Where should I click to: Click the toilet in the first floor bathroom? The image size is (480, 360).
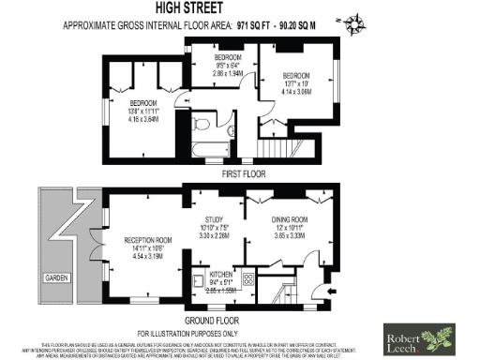click(x=200, y=124)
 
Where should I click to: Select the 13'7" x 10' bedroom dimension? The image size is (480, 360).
click(x=296, y=82)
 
